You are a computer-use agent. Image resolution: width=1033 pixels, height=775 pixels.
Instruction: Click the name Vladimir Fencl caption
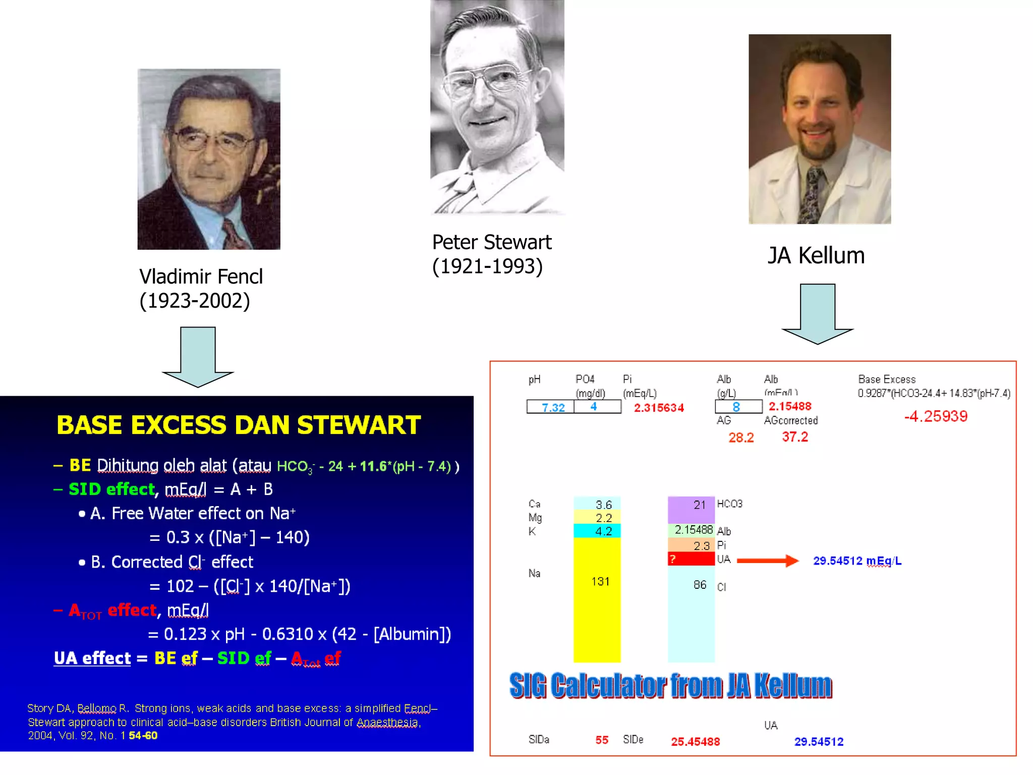201,276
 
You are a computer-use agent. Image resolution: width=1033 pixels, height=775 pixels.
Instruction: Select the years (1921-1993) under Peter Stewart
487,266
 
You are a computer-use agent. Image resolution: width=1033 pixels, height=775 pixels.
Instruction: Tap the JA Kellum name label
816,255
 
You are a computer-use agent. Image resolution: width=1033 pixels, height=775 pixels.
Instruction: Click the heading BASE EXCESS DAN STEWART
238,425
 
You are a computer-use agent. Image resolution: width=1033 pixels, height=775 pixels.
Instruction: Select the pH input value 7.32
553,407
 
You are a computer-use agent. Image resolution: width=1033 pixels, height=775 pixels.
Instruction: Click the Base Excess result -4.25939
936,416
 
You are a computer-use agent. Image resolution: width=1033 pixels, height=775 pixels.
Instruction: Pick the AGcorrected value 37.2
795,437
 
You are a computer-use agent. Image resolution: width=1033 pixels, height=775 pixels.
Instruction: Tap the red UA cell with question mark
691,559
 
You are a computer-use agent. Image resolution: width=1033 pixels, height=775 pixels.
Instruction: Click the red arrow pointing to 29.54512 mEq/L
767,561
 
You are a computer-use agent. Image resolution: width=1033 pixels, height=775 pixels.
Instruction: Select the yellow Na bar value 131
600,581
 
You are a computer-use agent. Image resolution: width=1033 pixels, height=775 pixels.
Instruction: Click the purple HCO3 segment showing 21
692,509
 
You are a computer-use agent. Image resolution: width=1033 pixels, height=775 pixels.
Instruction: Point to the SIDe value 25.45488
695,741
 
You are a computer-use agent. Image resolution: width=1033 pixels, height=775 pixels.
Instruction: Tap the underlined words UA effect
92,658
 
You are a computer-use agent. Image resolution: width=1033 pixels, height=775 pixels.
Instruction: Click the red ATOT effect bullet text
113,611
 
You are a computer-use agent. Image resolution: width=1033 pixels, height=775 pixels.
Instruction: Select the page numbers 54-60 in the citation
143,736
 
